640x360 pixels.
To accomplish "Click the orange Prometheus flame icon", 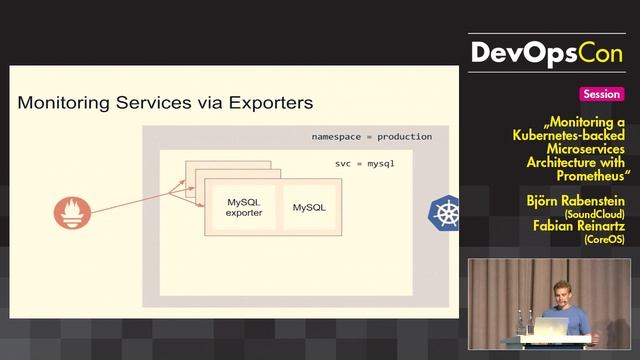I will point(72,211).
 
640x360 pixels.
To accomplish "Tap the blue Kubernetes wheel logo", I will point(445,212).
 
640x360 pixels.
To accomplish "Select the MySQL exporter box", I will point(243,207).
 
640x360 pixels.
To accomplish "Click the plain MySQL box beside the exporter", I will point(309,207).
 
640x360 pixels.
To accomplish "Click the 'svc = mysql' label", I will point(364,162).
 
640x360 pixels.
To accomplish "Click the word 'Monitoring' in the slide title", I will point(62,102).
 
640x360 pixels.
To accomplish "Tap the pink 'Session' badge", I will point(601,94).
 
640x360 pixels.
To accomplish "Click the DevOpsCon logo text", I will point(549,53).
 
